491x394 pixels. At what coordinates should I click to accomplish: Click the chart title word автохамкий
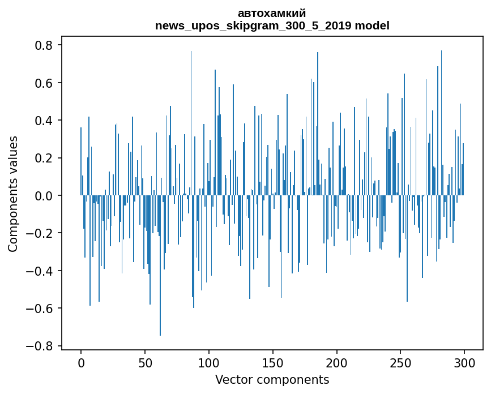click(272, 13)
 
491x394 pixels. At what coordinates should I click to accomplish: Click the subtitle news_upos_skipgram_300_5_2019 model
click(272, 25)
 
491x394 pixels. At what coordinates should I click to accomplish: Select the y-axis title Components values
click(13, 194)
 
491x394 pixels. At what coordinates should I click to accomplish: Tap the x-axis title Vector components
click(272, 379)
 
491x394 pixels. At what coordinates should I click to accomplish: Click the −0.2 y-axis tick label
click(40, 233)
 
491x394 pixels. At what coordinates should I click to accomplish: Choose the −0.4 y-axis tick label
click(40, 271)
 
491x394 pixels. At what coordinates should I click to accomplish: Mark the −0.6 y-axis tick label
click(40, 309)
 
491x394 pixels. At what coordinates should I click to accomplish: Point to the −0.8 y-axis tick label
click(40, 346)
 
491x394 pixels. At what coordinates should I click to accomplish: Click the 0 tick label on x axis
click(81, 362)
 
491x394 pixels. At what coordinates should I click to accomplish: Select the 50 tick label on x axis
click(145, 362)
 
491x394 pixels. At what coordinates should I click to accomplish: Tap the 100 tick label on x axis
click(209, 362)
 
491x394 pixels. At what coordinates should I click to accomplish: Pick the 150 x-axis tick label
click(273, 362)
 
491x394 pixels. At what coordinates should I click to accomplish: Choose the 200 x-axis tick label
click(337, 362)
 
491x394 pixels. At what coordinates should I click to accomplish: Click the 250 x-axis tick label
click(401, 362)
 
